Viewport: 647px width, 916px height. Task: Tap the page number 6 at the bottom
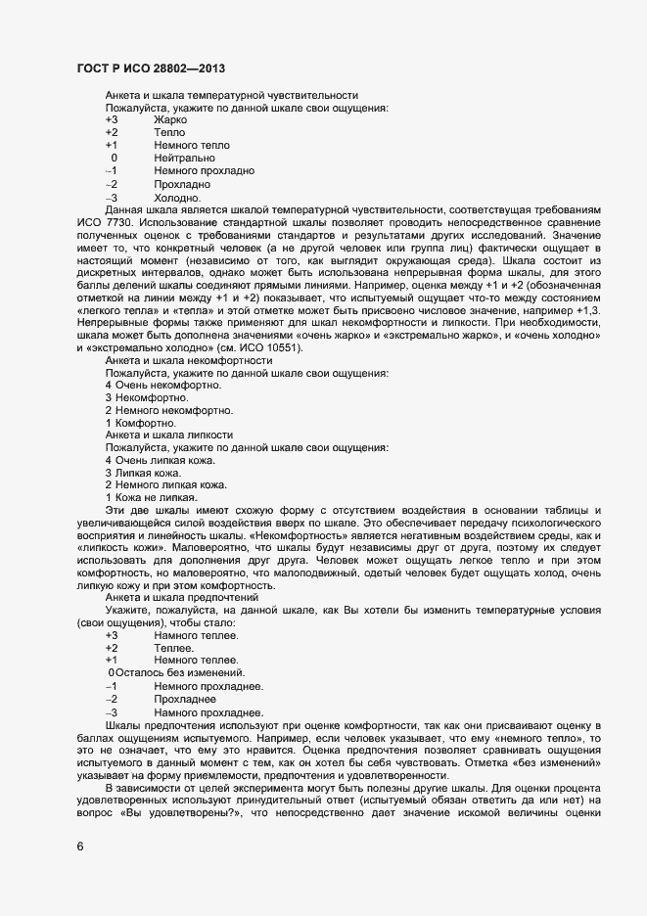point(79,847)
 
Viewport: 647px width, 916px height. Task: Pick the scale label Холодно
point(177,197)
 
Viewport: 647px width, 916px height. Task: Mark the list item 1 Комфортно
point(140,423)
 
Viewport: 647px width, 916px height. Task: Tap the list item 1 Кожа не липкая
point(151,497)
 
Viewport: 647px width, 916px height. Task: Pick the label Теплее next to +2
point(173,648)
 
